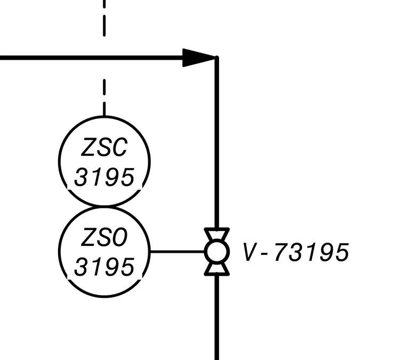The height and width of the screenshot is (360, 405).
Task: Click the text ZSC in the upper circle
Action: click(104, 147)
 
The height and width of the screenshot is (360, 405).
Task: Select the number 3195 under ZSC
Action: click(104, 177)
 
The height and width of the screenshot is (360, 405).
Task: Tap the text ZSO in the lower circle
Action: click(104, 237)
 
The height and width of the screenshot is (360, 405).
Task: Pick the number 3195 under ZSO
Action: click(104, 267)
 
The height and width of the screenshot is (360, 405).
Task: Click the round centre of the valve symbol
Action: click(217, 252)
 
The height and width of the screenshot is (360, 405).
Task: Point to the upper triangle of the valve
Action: click(217, 234)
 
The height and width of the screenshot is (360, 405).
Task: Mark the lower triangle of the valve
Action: click(217, 269)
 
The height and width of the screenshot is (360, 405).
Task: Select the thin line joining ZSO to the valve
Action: click(177, 251)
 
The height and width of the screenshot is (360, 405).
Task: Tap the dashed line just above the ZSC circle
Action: click(104, 98)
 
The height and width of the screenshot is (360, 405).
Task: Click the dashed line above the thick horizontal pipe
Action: click(104, 18)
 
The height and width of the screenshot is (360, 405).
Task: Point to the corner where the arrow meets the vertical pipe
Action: click(217, 58)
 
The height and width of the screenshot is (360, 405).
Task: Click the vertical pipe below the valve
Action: click(217, 318)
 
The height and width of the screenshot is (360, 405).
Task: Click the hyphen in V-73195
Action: click(264, 254)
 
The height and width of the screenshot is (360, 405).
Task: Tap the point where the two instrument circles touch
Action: click(104, 206)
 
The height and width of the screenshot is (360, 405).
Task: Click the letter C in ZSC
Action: click(119, 147)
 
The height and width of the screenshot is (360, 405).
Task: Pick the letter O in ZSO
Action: click(119, 237)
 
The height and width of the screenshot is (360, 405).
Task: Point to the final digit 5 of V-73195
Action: click(342, 252)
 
